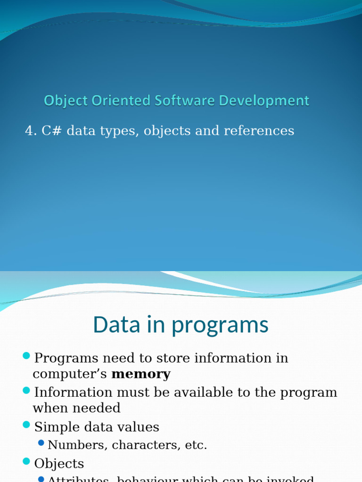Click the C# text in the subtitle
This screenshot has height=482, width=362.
[52, 131]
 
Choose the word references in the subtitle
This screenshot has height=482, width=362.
[259, 131]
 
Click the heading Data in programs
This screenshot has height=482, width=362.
[181, 325]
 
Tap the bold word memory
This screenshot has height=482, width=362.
[140, 374]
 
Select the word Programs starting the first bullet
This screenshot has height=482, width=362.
[67, 358]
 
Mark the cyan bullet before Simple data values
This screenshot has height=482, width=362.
[26, 425]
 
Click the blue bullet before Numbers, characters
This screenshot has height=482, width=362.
[41, 442]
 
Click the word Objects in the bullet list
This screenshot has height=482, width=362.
[59, 464]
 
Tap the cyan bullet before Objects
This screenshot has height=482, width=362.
[26, 461]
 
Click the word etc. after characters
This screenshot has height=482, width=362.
[196, 445]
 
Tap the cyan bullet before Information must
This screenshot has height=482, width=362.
[26, 390]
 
